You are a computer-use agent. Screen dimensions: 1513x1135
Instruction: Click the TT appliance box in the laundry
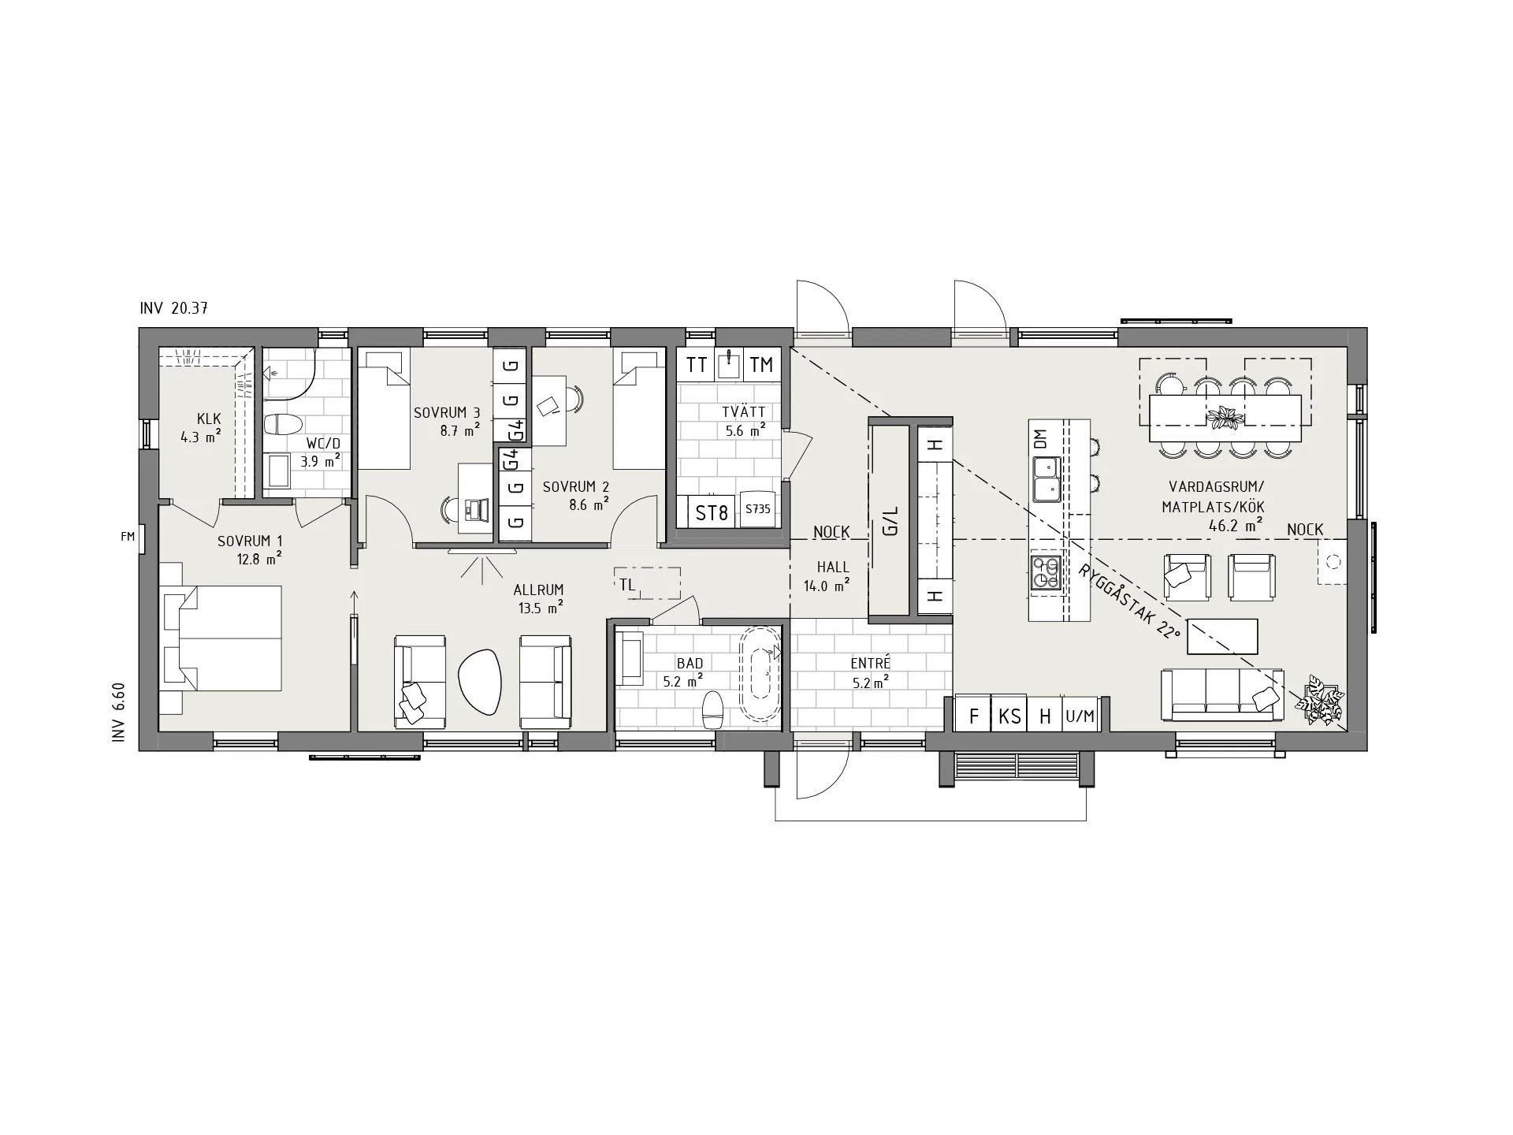pos(696,365)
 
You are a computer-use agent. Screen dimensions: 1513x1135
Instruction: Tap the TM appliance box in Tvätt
pos(762,365)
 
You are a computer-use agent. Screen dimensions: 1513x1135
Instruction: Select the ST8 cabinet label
pos(712,513)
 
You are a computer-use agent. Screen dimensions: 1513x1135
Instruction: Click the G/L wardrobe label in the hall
pos(891,521)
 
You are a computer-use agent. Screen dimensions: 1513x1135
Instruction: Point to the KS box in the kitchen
pos(1009,716)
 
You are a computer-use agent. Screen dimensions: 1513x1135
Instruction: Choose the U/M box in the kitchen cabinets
pos(1080,716)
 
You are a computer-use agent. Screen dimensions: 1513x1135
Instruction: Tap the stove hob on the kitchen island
pos(1046,571)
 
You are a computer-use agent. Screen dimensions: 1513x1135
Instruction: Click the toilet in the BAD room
pos(713,710)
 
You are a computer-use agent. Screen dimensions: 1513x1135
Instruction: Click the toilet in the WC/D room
pos(283,425)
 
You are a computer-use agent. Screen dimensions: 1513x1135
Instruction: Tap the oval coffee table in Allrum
pos(479,681)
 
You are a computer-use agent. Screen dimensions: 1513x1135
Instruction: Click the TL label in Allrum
pos(627,585)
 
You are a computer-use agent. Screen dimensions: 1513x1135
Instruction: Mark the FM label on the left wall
pos(127,537)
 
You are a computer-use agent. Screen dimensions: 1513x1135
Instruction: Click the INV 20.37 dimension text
pos(173,308)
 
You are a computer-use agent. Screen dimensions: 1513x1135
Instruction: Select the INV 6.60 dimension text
pos(119,713)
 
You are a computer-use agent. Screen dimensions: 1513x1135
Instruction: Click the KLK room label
pos(209,419)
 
